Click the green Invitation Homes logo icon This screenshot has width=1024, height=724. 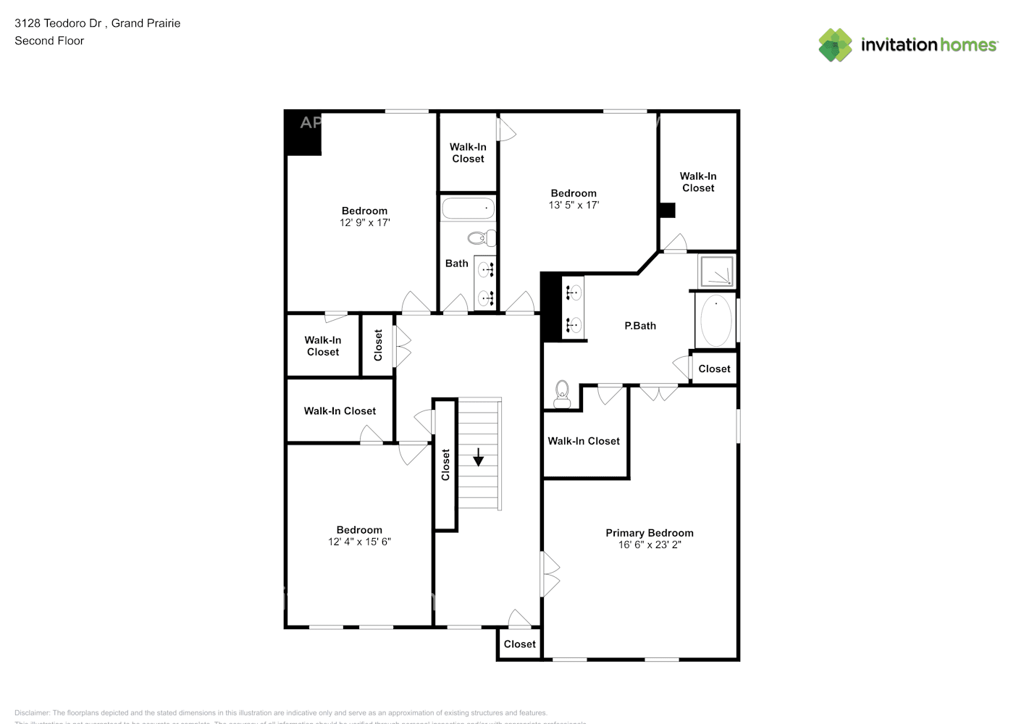pos(835,45)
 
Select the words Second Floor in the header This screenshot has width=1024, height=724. pos(49,41)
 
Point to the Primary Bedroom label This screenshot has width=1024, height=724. pos(649,533)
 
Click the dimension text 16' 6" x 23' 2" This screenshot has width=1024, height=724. pos(649,545)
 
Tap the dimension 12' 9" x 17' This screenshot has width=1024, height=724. pos(364,223)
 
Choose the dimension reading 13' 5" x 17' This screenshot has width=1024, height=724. pos(574,206)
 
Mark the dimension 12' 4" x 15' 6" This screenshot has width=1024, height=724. pos(359,542)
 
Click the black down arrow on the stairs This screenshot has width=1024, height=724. pos(478,457)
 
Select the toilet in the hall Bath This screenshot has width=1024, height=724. pos(482,237)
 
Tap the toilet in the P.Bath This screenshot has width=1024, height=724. pos(562,395)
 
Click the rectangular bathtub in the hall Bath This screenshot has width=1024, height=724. pos(468,209)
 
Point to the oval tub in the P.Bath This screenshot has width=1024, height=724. pos(715,321)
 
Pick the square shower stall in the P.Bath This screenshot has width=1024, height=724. pos(716,271)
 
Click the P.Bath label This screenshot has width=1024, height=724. pos(640,326)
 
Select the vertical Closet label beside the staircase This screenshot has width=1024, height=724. pos(445,465)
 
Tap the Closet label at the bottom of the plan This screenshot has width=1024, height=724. pos(519,644)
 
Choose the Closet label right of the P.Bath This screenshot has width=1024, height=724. pos(714,369)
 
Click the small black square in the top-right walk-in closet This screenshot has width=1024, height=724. pos(667,210)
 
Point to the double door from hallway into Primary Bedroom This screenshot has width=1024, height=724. pos(550,574)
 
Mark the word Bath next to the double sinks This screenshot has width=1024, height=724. pos(456,264)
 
